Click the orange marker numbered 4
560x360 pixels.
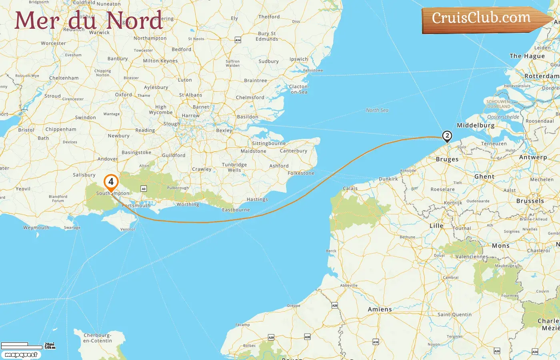[111, 182]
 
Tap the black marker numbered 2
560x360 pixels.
[447, 136]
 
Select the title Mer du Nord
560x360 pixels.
[89, 21]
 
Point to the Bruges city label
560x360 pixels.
[447, 159]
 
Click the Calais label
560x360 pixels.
[350, 188]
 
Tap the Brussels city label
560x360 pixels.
[530, 201]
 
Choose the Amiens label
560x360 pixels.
[380, 309]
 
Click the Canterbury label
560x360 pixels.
[294, 151]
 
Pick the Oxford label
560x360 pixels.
[123, 95]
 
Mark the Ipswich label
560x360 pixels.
[299, 59]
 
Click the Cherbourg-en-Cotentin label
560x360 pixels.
[98, 338]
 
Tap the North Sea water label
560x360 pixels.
[377, 110]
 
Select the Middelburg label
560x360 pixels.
[476, 125]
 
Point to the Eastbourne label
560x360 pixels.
[236, 210]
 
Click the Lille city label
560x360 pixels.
[436, 226]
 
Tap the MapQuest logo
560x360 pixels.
[21, 355]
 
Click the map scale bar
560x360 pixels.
[22, 346]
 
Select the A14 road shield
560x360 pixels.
[238, 40]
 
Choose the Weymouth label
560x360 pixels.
[36, 228]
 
